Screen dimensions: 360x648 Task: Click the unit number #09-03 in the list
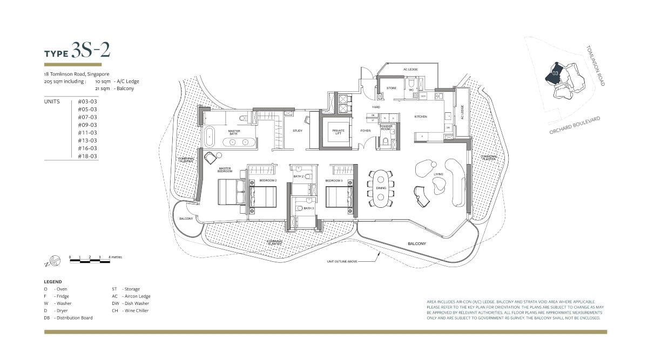[87, 125]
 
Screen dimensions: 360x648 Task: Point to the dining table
[381, 188]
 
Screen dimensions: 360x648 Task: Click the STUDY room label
[298, 131]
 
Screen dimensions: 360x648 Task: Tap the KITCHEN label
[421, 117]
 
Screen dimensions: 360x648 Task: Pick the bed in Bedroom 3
[339, 196]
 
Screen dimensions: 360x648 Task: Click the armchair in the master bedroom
[211, 157]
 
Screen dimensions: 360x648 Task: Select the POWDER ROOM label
[386, 128]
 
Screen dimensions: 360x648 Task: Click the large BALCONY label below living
[416, 244]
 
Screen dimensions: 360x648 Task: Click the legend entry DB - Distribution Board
[68, 318]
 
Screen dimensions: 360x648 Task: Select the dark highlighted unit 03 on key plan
[555, 73]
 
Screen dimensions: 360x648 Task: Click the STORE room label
[391, 87]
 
